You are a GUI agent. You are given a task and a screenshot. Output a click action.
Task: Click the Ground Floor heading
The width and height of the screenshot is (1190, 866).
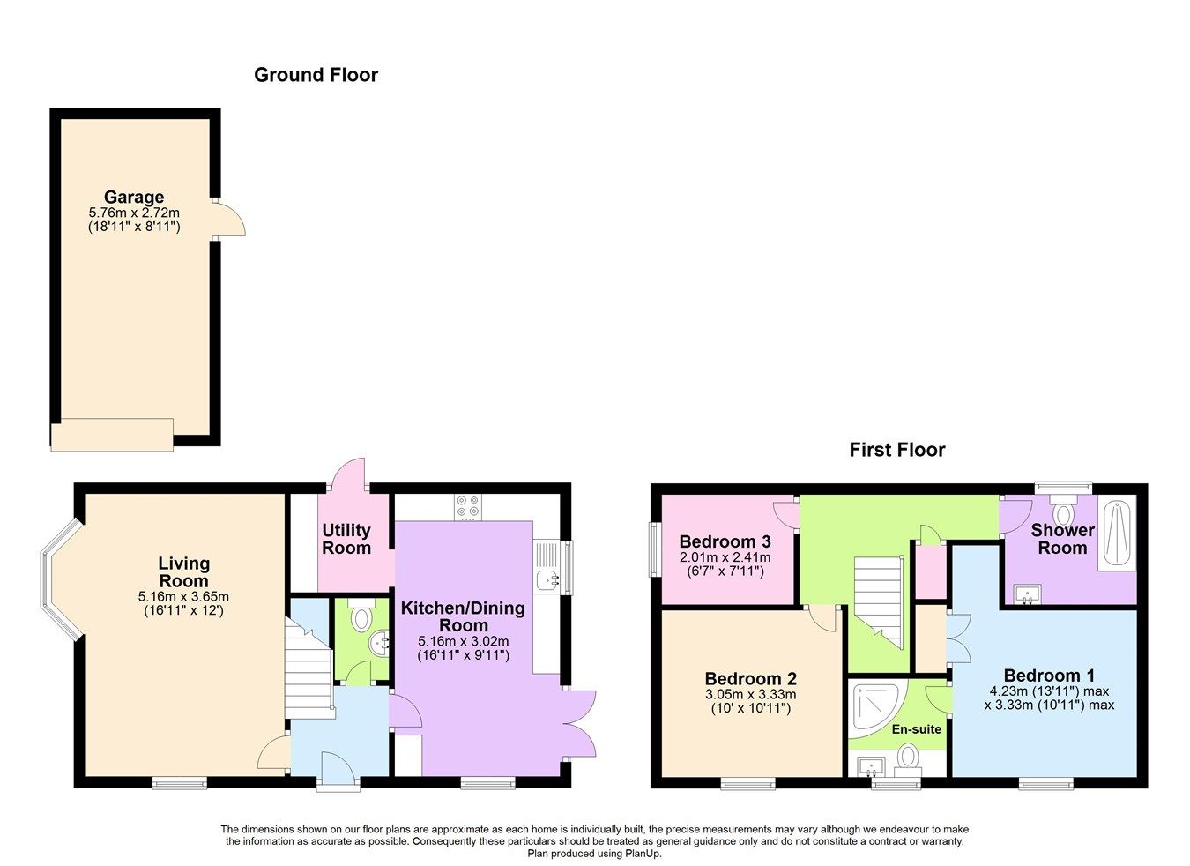click(316, 75)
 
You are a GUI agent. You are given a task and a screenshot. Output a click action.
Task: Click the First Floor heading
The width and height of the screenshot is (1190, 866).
click(896, 450)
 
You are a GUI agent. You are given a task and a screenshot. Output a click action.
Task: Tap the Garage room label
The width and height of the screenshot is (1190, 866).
click(134, 197)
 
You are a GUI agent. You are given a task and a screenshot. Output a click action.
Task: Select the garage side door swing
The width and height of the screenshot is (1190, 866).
click(230, 219)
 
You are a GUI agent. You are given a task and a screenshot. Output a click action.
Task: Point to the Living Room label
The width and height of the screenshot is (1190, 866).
click(183, 571)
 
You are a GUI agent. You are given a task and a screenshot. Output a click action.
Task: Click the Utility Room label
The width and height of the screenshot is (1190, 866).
click(346, 539)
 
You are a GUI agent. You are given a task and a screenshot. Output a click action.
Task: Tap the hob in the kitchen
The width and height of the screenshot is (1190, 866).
click(468, 507)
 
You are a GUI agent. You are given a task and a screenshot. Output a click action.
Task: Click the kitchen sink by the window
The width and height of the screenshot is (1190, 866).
click(551, 579)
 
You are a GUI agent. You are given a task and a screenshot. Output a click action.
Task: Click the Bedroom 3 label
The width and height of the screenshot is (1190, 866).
click(725, 541)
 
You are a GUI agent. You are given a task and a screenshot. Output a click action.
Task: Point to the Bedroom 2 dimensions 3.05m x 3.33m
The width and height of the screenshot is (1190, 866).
click(750, 695)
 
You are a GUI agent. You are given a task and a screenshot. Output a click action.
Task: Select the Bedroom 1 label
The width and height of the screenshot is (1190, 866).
click(1048, 676)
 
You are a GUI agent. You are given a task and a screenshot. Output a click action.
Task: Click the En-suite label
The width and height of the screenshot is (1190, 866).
click(917, 729)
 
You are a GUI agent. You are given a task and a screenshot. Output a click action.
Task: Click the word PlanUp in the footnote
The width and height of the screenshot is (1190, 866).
click(643, 854)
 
